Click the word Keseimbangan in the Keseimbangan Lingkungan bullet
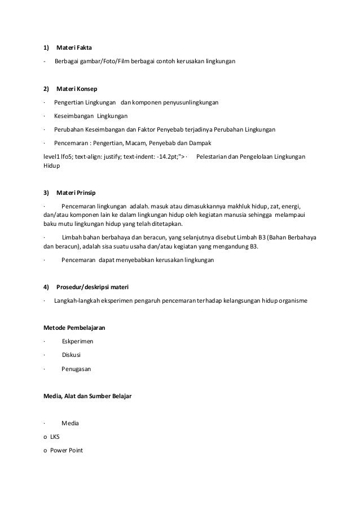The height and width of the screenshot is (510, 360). (73, 116)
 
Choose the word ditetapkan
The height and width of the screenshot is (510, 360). (171, 223)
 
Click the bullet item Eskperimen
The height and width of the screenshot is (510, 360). (78, 342)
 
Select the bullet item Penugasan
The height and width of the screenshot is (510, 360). (76, 369)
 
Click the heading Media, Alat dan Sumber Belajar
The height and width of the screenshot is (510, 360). (87, 396)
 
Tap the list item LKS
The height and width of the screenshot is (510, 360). (55, 437)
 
